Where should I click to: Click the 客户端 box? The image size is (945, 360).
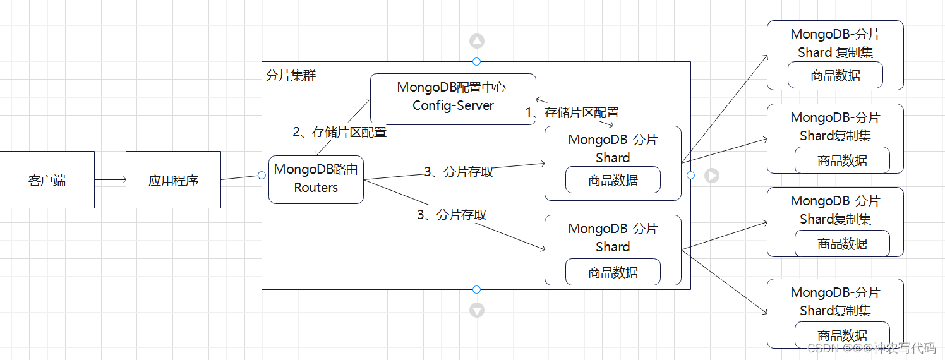tap(47, 180)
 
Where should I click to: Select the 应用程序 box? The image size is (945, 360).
tap(173, 180)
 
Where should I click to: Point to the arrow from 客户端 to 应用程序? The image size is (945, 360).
tap(110, 180)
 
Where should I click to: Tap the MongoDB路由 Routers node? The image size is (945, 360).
tap(316, 179)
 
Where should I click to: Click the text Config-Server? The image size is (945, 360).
tap(453, 105)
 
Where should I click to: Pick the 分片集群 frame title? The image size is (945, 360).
tap(291, 76)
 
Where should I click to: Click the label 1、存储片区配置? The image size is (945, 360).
tap(572, 113)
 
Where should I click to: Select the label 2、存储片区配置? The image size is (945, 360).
tap(339, 133)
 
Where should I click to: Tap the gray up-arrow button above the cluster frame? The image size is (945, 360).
tap(476, 42)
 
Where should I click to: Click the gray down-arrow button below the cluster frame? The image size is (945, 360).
tap(476, 310)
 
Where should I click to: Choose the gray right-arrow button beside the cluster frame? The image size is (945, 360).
tap(712, 176)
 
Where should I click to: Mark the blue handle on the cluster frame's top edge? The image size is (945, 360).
tap(476, 61)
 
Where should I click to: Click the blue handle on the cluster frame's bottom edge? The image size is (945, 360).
tap(476, 289)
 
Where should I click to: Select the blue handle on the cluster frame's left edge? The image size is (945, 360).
tap(262, 175)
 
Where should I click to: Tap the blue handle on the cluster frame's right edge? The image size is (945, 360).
tap(690, 175)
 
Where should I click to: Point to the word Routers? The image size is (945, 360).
tap(316, 188)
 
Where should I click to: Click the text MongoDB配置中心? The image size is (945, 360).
tap(452, 87)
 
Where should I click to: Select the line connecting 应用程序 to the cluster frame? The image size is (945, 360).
tap(241, 177)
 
